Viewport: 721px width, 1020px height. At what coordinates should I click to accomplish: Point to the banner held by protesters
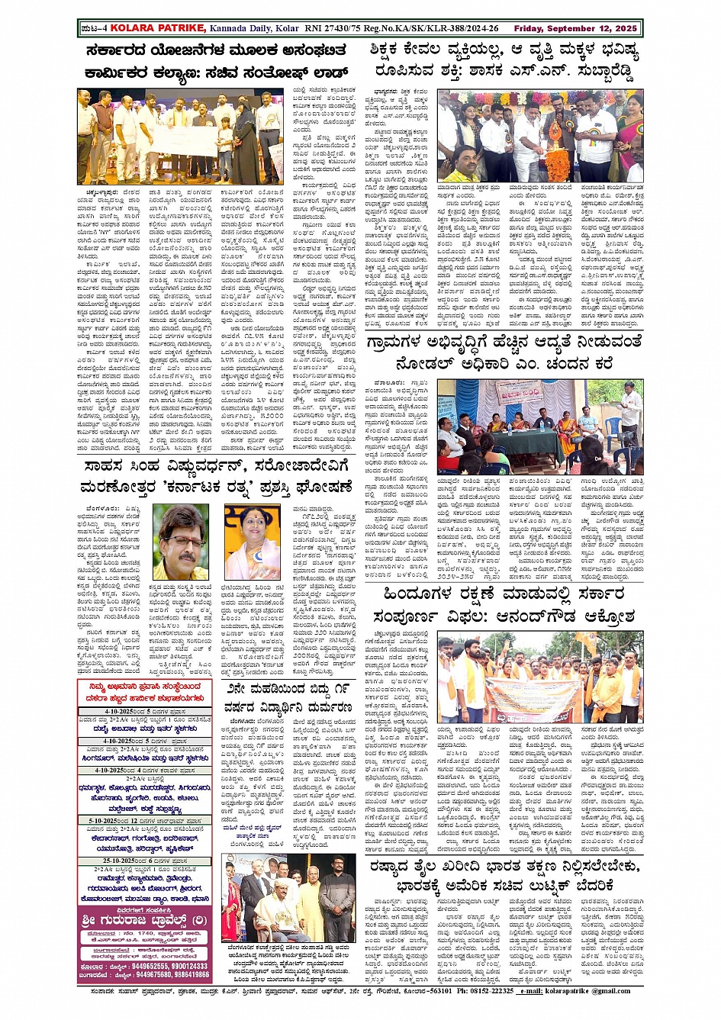[534, 697]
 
